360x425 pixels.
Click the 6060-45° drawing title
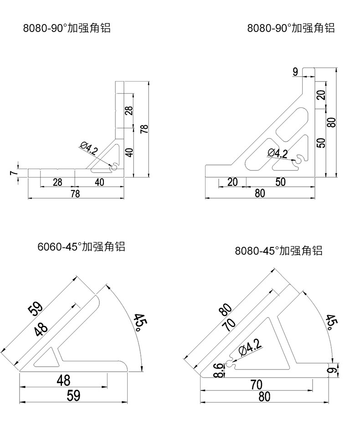point(81,247)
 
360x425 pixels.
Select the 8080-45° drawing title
point(278,251)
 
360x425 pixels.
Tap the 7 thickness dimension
point(13,172)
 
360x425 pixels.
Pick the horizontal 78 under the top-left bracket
point(75,194)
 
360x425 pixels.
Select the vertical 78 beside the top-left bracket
point(144,129)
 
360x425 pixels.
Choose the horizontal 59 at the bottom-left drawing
point(73,396)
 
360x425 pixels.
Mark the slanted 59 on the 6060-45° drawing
point(36,309)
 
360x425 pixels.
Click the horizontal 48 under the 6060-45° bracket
point(63,380)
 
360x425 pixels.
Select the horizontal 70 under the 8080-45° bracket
point(257,385)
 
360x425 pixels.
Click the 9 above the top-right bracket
point(295,71)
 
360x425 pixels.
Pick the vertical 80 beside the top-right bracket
point(332,122)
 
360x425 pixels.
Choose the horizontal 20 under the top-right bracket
point(232,182)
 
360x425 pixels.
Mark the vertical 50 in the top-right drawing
point(321,143)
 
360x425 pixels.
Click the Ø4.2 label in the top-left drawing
point(88,148)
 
